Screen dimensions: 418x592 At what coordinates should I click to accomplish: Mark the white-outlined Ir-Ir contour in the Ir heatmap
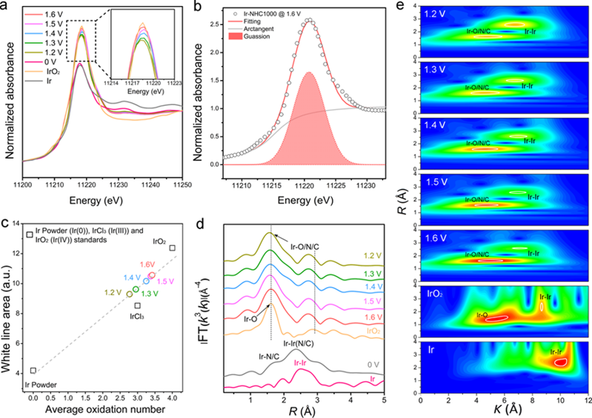point(562,362)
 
